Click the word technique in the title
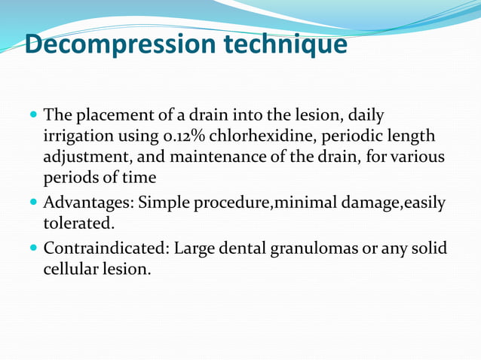coord(285,44)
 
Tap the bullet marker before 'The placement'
coord(33,116)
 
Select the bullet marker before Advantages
coord(33,203)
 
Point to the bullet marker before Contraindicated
coord(33,248)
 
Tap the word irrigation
coord(78,137)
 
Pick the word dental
coord(233,248)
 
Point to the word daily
coord(365,116)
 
